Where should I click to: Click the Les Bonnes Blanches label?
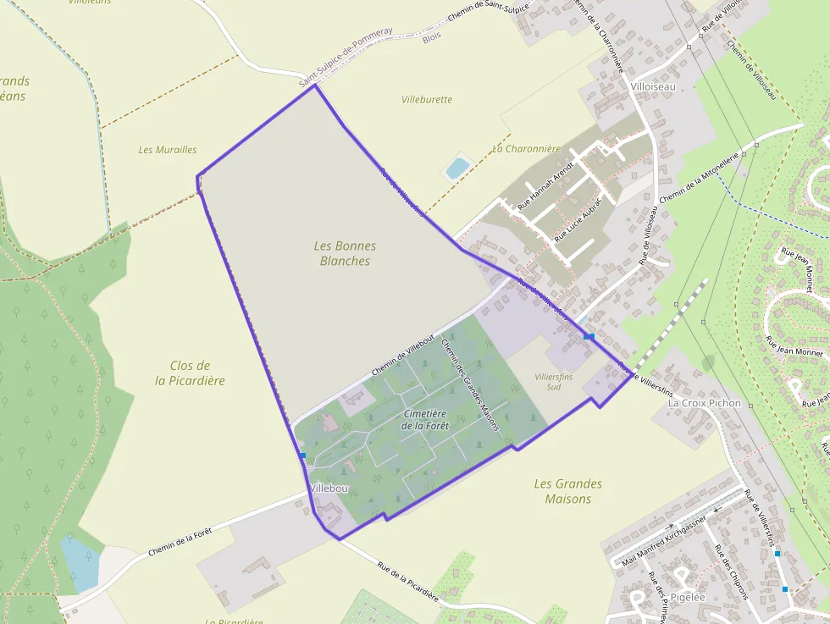(x=345, y=253)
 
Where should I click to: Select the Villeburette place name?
(x=427, y=100)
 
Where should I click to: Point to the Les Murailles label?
(x=168, y=150)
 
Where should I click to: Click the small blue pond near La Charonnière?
(x=456, y=168)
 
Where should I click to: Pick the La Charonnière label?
(x=527, y=149)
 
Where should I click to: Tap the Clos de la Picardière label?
(x=190, y=373)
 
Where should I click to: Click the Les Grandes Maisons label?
(x=568, y=491)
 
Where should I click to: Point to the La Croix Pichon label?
(x=704, y=403)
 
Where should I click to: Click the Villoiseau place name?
(x=653, y=86)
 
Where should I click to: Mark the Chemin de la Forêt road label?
(x=180, y=541)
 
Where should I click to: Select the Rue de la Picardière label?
(x=408, y=581)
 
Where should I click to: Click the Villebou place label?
(x=329, y=489)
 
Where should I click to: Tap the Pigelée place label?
(x=687, y=597)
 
